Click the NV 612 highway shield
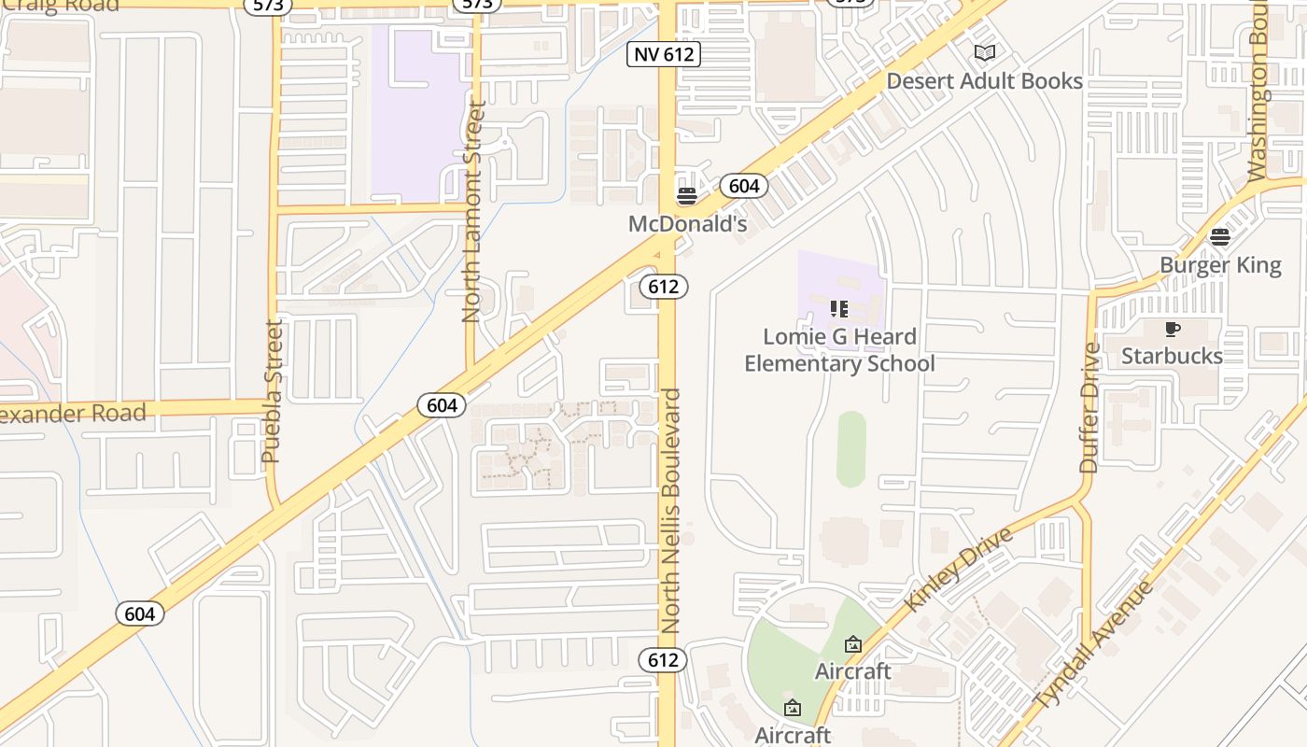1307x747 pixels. tap(664, 54)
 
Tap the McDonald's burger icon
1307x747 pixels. tap(687, 196)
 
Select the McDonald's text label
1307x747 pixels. tap(688, 224)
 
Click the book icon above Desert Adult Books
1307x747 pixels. tap(984, 53)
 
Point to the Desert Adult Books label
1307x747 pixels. tap(984, 81)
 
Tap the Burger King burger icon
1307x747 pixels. tap(1220, 237)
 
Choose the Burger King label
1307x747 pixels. tap(1220, 265)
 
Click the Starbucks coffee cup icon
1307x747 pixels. tap(1173, 329)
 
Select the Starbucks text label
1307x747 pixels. tap(1172, 356)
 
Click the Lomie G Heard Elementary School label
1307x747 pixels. tap(839, 350)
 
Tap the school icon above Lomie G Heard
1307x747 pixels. tap(839, 308)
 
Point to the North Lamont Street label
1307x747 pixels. tap(473, 212)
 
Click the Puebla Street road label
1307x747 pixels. tap(272, 391)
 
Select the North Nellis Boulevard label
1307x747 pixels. tap(671, 510)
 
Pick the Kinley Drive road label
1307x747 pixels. tap(958, 569)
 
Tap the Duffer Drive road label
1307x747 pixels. tap(1089, 408)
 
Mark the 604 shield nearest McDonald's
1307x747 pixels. tap(743, 186)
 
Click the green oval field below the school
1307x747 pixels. tap(850, 449)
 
